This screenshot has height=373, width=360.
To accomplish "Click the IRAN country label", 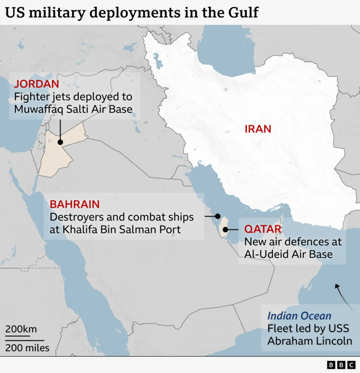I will (x=258, y=129).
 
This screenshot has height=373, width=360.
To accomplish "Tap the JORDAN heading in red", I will (x=36, y=84).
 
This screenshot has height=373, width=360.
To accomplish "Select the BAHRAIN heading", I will (x=75, y=204).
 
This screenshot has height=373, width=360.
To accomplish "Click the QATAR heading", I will (x=263, y=229).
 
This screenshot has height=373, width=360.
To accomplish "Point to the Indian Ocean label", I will (x=299, y=315).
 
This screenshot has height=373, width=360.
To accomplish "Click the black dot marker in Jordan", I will (x=60, y=142).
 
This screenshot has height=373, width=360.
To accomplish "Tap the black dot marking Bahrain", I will (x=218, y=216).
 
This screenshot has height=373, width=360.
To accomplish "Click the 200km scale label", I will (x=21, y=329).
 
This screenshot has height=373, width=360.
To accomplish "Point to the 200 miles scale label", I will (x=27, y=348).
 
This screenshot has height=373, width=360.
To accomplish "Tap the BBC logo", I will (x=341, y=365).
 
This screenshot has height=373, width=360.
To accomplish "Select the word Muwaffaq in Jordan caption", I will (x=38, y=109).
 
